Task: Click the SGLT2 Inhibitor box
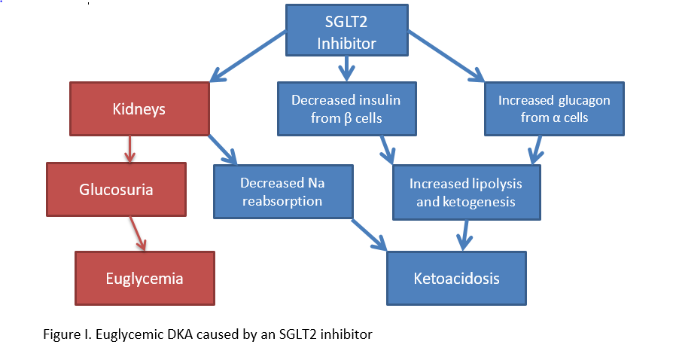click(x=346, y=31)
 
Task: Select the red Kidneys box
click(x=140, y=109)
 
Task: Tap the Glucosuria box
click(x=116, y=189)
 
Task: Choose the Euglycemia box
click(x=145, y=278)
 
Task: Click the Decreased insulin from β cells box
click(x=346, y=108)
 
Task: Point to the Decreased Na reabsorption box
click(x=283, y=191)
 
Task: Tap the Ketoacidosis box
click(x=456, y=279)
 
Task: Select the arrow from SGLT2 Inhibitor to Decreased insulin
click(x=346, y=69)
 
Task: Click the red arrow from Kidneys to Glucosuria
click(x=129, y=149)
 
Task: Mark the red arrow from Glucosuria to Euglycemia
click(x=136, y=233)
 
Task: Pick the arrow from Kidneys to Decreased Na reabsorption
click(x=222, y=150)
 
